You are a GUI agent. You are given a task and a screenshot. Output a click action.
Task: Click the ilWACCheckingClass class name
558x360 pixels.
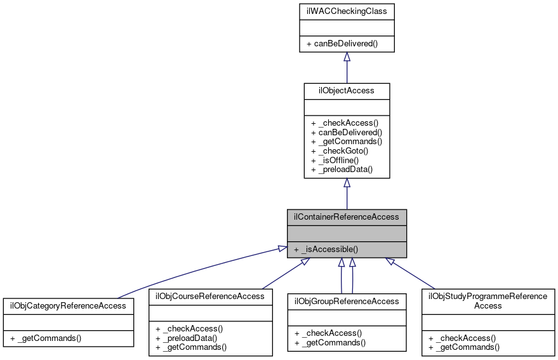click(x=347, y=11)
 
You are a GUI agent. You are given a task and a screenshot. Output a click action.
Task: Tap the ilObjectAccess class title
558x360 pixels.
click(x=347, y=90)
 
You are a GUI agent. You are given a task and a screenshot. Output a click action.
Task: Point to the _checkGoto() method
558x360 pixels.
click(x=340, y=150)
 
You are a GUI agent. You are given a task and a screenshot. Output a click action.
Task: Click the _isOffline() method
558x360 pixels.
click(x=339, y=160)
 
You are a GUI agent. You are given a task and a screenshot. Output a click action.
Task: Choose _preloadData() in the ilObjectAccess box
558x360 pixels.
click(x=342, y=170)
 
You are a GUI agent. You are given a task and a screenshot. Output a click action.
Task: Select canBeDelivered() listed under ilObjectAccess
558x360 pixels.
click(x=346, y=132)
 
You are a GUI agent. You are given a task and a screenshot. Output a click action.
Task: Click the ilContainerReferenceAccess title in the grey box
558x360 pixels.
click(x=347, y=217)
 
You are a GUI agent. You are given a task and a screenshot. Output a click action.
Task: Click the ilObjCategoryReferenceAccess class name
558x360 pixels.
click(x=69, y=305)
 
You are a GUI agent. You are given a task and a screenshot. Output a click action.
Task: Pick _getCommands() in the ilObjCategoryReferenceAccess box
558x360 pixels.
click(x=46, y=338)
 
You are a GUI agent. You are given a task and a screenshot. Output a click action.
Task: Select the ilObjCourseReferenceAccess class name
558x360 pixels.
click(x=210, y=296)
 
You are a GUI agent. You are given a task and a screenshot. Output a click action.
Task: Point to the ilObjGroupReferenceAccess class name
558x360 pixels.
click(x=347, y=301)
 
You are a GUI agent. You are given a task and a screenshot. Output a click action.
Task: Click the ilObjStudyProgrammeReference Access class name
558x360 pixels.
click(x=488, y=300)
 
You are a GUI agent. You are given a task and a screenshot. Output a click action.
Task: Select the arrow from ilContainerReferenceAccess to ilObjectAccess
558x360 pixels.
click(x=347, y=194)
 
